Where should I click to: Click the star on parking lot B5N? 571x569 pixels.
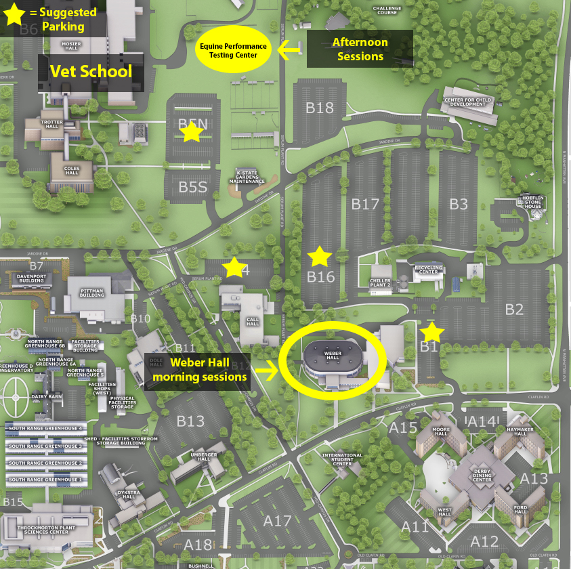click(192, 132)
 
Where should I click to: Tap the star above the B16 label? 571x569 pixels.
click(320, 257)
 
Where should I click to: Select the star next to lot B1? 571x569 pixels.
click(432, 332)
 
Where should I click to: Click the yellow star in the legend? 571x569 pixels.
click(15, 16)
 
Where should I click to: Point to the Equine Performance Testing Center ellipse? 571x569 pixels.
click(234, 49)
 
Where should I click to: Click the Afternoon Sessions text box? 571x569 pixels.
click(360, 49)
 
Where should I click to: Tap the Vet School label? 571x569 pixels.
click(91, 72)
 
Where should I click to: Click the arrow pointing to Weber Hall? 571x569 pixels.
click(269, 371)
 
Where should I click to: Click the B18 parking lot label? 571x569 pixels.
click(320, 107)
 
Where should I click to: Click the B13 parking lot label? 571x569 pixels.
click(190, 421)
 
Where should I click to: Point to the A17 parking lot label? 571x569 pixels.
click(277, 520)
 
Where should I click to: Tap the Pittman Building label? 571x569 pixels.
click(92, 293)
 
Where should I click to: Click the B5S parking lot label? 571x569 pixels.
click(192, 187)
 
